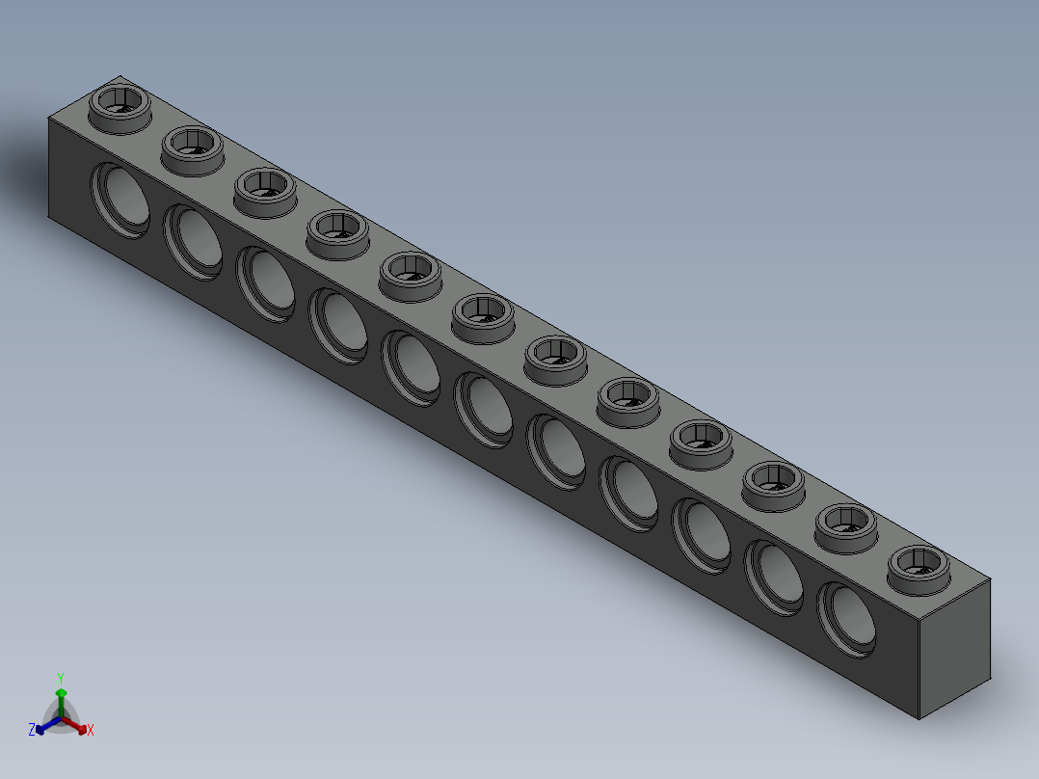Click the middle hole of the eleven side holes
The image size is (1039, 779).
(485, 409)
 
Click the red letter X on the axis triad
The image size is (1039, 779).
(91, 730)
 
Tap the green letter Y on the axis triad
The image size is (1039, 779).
(61, 678)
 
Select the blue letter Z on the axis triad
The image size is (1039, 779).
(32, 730)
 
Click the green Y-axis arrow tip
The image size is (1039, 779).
(61, 693)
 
